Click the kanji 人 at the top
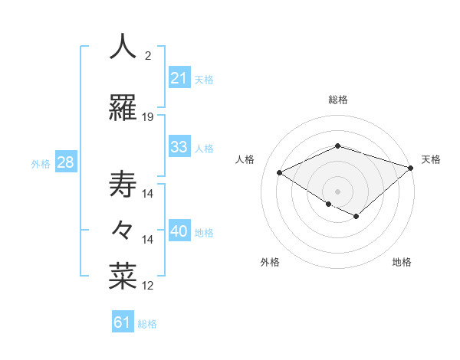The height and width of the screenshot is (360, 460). [123, 47]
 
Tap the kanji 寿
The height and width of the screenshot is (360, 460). [123, 185]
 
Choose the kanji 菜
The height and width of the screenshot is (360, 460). [123, 277]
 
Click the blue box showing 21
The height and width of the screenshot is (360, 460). [179, 78]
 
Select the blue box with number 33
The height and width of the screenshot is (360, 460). [179, 148]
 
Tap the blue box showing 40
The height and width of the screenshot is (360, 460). [179, 232]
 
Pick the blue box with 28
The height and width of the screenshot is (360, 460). [65, 163]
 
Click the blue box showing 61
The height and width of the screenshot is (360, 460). [122, 322]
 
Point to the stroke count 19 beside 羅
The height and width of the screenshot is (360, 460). [148, 117]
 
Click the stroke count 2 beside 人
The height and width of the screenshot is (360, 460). [148, 55]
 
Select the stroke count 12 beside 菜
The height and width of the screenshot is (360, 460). [148, 286]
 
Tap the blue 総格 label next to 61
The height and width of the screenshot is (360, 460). [147, 324]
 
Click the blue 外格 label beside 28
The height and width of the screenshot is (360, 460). [40, 164]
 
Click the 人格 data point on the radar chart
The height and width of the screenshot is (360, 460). [280, 173]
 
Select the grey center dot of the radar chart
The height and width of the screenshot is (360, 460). [337, 191]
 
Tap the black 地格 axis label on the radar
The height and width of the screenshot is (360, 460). [402, 262]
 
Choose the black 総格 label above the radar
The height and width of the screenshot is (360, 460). [337, 100]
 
